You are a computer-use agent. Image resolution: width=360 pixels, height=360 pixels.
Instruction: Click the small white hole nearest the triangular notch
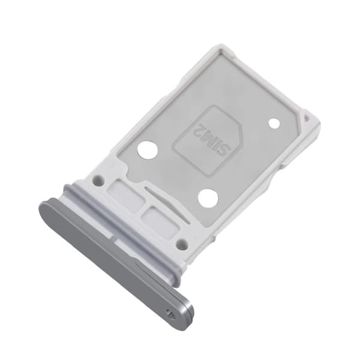pyautogui.click(x=274, y=124)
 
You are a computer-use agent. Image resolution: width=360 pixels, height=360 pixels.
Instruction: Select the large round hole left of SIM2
pyautogui.click(x=148, y=151)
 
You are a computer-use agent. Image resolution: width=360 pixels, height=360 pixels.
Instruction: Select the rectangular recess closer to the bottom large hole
pyautogui.click(x=161, y=220)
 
